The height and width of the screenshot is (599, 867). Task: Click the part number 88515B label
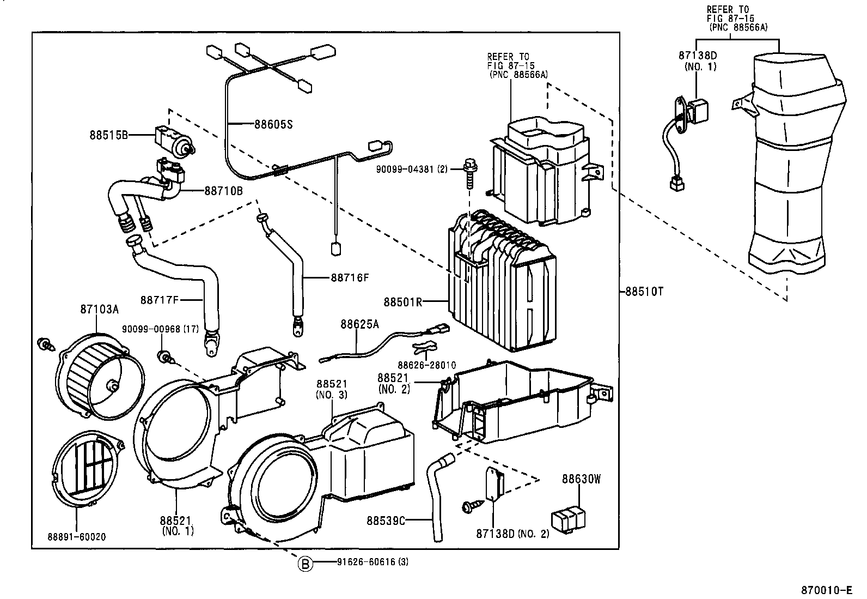tap(108, 135)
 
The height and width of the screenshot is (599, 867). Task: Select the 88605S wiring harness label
tap(273, 124)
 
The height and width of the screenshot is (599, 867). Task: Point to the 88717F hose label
tap(160, 299)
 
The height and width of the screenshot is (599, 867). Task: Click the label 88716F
tap(350, 277)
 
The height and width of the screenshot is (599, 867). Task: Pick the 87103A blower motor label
tap(99, 309)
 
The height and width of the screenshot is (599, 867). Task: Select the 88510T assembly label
tap(644, 292)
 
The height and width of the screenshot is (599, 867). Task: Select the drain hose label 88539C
tap(386, 521)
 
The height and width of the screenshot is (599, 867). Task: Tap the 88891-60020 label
tap(76, 537)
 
